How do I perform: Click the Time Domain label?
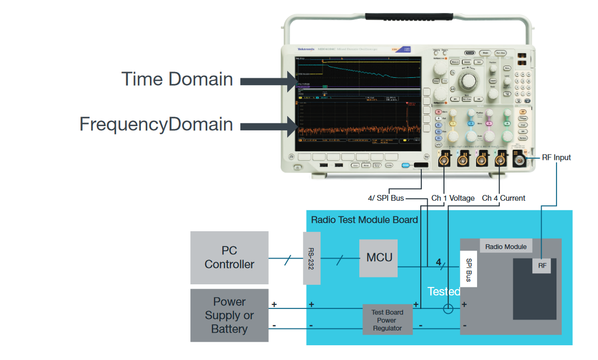point(177,79)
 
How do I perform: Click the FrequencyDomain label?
point(156,124)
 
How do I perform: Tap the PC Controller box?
point(229,258)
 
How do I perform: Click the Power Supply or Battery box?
point(229,315)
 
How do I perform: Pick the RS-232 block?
point(312,258)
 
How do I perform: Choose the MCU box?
point(379,258)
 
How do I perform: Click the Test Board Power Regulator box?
point(387,320)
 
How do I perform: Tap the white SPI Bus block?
point(468,270)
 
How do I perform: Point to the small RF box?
point(542,266)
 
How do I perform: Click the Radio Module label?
point(505,246)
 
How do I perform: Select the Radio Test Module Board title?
point(364,220)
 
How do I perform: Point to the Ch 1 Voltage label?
point(453,198)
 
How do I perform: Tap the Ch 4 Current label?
point(503,198)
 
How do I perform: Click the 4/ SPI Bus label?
point(386,198)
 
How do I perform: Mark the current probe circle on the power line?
point(448,308)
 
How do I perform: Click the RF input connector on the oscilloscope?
point(520,159)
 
